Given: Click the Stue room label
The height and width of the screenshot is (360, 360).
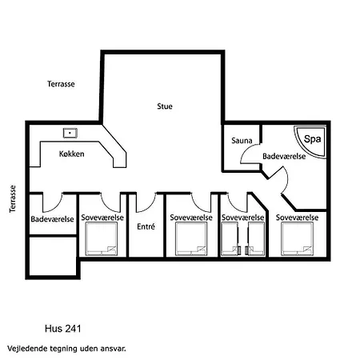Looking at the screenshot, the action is coord(165,106).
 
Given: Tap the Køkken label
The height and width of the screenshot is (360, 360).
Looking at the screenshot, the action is coord(71,154).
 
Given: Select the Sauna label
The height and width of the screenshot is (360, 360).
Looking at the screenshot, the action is coord(242,140).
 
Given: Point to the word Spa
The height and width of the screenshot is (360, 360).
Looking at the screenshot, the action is coord(312,139).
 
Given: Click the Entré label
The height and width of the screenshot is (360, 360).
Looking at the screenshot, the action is coord(146,226).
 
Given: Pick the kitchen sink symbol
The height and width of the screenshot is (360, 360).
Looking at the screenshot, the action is coord(70,133).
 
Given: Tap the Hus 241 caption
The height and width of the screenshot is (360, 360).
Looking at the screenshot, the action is coord(62,329).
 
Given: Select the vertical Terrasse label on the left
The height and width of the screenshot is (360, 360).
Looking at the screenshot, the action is coord(13,199).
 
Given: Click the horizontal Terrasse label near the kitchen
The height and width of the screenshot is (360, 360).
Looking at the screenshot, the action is coord(61,84).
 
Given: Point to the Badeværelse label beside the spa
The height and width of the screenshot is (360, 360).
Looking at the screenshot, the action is coord(284,156).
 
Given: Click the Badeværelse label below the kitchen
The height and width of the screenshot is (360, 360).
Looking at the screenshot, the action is coord(52,219).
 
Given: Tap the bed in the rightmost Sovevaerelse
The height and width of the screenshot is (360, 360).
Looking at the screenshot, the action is coord(297,238).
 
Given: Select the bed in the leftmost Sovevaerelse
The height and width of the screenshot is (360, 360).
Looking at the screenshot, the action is coord(102,238).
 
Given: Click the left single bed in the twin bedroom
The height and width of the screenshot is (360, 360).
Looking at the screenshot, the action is coord(230,238).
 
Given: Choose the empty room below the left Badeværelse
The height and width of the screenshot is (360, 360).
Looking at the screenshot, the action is coord(53,255).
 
